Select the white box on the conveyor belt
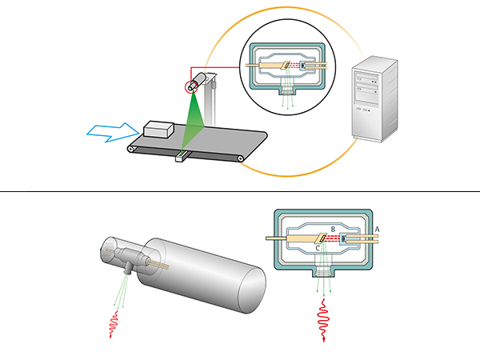[162, 130]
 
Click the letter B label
[330, 230]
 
